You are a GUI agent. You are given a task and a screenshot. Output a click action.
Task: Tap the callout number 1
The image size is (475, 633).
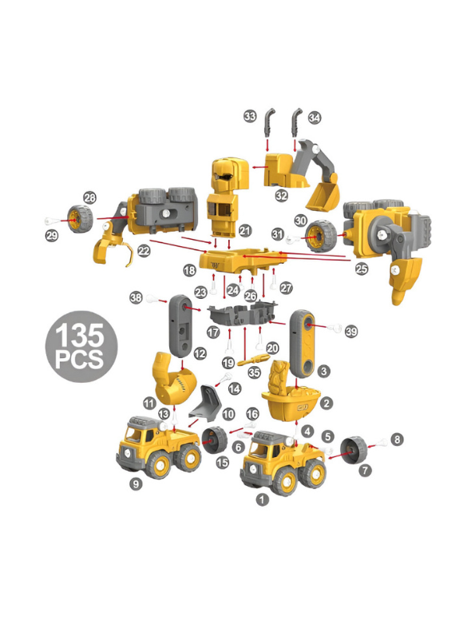pyautogui.click(x=261, y=500)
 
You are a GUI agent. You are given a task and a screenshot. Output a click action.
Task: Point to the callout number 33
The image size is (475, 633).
pyautogui.click(x=251, y=117)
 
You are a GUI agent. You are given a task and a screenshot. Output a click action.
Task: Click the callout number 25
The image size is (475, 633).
pyautogui.click(x=362, y=269)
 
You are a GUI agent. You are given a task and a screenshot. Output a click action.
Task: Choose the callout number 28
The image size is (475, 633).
pyautogui.click(x=89, y=197)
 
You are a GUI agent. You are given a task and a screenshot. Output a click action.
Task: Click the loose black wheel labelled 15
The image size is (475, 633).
pyautogui.click(x=215, y=440)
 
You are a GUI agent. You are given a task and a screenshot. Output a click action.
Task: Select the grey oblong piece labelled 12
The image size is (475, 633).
pyautogui.click(x=180, y=326)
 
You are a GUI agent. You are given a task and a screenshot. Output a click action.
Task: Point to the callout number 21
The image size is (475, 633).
pyautogui.click(x=245, y=230)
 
